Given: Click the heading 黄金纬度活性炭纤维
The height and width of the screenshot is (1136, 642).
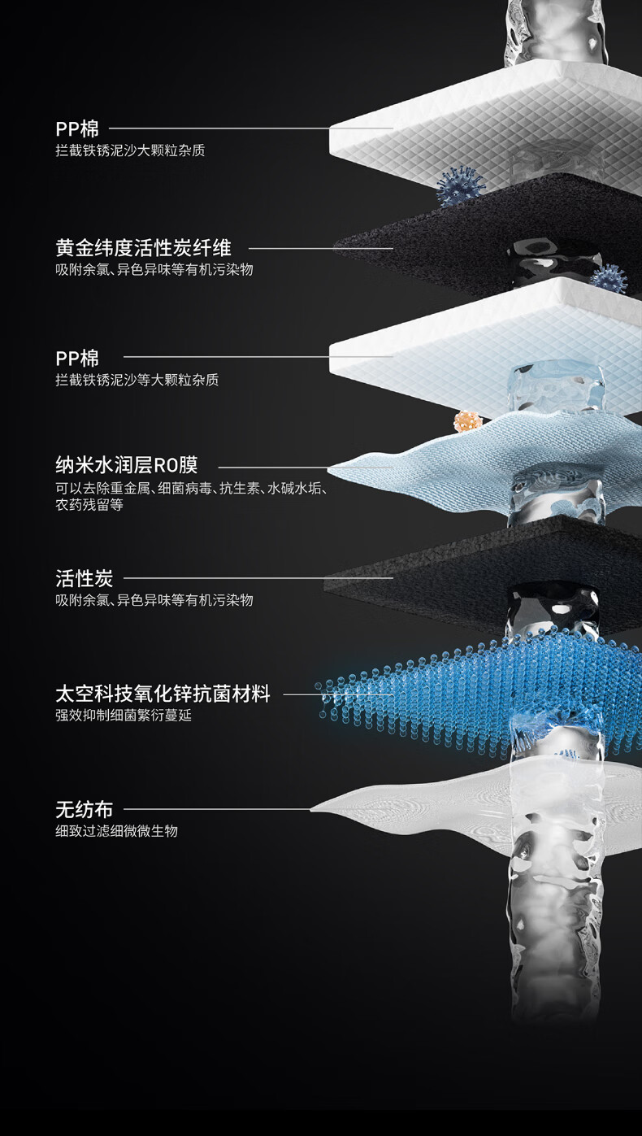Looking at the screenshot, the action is [143, 247].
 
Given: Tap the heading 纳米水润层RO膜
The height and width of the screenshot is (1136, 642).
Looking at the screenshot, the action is [126, 466].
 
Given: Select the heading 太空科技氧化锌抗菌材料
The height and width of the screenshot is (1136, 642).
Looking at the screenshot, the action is [163, 694].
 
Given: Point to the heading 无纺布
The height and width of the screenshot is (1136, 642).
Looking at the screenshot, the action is [84, 809].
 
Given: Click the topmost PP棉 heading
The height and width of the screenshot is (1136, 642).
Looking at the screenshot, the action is [77, 128].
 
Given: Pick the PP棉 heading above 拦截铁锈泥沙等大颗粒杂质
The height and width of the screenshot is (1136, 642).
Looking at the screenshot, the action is [77, 358].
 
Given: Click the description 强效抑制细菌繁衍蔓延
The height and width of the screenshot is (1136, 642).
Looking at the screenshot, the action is [124, 716].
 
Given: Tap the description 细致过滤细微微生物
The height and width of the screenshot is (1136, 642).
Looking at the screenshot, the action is [116, 831].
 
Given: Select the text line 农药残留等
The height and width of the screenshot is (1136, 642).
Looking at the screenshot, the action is [89, 505].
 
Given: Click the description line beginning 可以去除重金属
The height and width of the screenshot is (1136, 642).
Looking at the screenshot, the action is [191, 488].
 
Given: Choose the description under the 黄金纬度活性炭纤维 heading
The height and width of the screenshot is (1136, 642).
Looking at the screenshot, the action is [154, 269].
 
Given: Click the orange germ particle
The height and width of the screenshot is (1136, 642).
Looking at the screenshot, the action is [467, 422].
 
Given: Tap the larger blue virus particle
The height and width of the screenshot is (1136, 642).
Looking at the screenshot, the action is [460, 187].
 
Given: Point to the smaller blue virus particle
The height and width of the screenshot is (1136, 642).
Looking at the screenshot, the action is [608, 277].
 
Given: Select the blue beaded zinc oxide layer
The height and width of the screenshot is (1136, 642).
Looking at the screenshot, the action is [455, 683].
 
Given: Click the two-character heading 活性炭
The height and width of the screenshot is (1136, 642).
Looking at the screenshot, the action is [84, 578].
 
